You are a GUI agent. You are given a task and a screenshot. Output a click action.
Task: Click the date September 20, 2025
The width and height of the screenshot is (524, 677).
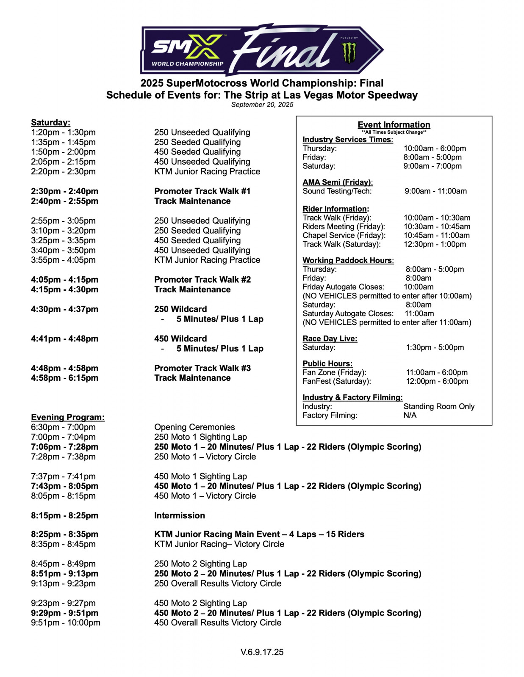(x=262, y=105)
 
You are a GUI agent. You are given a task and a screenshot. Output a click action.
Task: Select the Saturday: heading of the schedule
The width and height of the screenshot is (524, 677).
(x=50, y=122)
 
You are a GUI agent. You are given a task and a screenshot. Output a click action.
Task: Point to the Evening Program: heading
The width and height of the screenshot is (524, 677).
(x=68, y=417)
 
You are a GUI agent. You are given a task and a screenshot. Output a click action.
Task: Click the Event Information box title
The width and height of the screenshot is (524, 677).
(x=394, y=124)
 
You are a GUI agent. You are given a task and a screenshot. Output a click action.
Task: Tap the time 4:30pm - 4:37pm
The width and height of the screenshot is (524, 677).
(x=64, y=309)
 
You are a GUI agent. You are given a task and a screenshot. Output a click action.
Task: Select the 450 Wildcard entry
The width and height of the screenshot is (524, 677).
(x=180, y=338)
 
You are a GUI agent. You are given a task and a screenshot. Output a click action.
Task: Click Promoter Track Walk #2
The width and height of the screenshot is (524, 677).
(x=202, y=279)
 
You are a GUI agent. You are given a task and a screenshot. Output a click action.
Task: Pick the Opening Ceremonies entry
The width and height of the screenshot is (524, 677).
(x=194, y=427)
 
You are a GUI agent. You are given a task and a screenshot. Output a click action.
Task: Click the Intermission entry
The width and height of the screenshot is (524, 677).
(x=179, y=515)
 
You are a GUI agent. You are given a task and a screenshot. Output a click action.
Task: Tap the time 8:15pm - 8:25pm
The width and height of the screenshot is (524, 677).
(x=64, y=515)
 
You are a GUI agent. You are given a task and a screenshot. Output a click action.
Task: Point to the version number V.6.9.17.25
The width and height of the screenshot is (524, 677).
(x=262, y=652)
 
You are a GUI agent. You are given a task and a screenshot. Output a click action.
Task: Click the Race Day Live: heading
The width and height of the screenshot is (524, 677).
(x=330, y=338)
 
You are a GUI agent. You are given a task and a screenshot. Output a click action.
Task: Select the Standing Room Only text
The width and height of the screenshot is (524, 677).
(x=438, y=406)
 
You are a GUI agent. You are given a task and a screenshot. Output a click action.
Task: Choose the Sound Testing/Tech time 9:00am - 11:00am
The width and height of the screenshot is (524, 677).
(x=435, y=191)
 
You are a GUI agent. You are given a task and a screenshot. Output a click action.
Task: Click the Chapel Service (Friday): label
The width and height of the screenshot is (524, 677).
(x=344, y=235)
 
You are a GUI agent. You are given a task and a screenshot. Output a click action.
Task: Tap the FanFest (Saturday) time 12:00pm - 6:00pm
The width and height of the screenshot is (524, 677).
(x=437, y=381)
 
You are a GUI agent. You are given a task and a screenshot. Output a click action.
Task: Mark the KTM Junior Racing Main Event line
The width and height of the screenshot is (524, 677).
(x=259, y=534)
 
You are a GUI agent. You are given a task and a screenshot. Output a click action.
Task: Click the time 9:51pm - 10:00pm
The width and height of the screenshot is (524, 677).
(x=65, y=622)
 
